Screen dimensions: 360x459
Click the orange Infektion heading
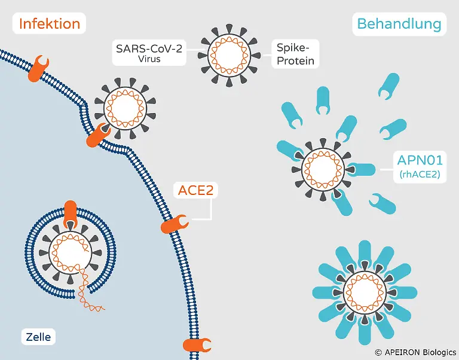tap(50, 24)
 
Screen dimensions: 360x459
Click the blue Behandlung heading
tap(399, 24)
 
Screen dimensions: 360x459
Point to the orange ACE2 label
tap(196, 191)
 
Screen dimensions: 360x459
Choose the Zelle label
tap(38, 336)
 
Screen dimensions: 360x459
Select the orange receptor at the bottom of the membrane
tap(197, 345)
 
